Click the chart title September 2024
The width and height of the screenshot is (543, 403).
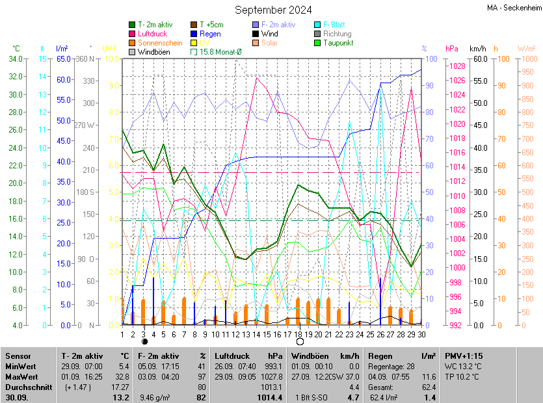coord(273,10)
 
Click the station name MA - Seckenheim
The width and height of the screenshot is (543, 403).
coord(514,8)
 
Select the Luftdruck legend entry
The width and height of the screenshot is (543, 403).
coord(153,34)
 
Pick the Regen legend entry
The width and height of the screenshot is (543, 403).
coord(210,34)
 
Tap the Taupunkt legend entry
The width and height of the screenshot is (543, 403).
coord(338,43)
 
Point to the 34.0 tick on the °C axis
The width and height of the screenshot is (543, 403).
coord(15,59)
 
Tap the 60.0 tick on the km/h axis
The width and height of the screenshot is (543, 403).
coord(479,59)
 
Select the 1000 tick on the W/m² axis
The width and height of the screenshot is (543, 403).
coord(527,59)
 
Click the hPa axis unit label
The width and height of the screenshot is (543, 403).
coord(451,49)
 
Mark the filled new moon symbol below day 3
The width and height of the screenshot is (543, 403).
coord(144,341)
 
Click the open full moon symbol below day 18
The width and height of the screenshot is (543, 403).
coord(299,341)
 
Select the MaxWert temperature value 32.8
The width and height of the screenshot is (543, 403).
coord(122,376)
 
